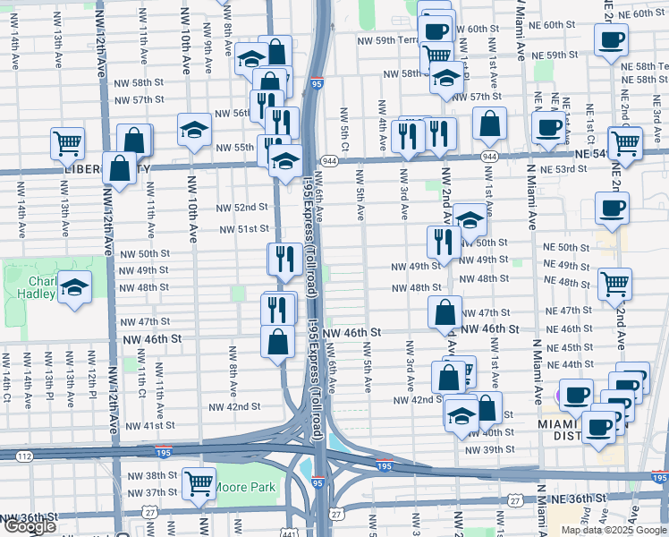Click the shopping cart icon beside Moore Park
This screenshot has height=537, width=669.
click(x=199, y=483)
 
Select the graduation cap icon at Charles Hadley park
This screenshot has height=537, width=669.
click(x=75, y=288)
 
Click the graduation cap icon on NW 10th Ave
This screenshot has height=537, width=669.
click(x=194, y=131)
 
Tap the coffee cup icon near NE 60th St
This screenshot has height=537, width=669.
click(x=612, y=40)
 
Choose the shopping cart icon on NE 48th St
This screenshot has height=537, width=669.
click(x=615, y=285)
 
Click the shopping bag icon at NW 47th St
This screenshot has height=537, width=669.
click(x=445, y=313)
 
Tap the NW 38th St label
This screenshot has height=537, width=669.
click(x=147, y=475)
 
